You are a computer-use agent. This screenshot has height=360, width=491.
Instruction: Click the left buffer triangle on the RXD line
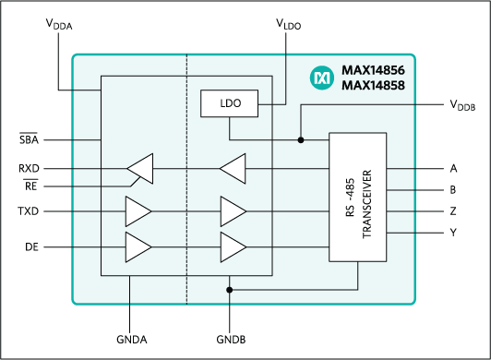pyautogui.click(x=140, y=169)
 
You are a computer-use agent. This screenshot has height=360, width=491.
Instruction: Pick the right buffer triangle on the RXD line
pyautogui.click(x=233, y=169)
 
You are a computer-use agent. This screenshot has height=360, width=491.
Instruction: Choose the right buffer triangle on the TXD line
pyautogui.click(x=233, y=211)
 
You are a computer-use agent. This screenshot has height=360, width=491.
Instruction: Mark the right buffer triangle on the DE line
pyautogui.click(x=233, y=246)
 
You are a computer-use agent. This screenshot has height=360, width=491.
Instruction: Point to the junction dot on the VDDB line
pyautogui.click(x=301, y=140)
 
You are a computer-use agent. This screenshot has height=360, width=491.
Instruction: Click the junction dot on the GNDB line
pyautogui.click(x=229, y=289)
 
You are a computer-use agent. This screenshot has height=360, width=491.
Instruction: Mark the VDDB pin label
pyautogui.click(x=463, y=106)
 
